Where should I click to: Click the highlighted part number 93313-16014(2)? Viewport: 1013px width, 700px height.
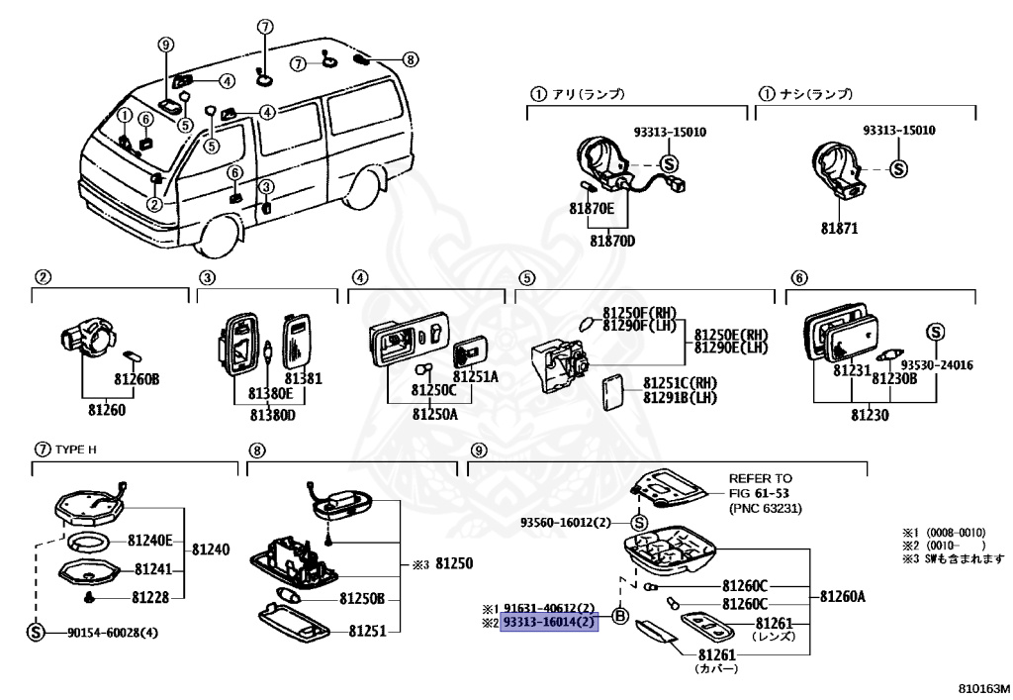coord(550,622)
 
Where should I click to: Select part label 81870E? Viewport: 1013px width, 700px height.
coord(592,209)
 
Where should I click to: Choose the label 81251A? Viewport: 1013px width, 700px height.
coord(476,377)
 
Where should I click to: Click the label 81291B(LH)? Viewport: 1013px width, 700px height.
coord(679,398)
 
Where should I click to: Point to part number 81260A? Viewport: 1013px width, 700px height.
coord(842,596)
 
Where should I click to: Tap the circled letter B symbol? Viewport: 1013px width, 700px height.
coord(620,616)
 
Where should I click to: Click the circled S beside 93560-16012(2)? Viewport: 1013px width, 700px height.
coord(638,523)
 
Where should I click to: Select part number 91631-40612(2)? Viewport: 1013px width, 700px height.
coord(549,608)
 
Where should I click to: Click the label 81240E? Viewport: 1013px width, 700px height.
coord(149,541)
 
